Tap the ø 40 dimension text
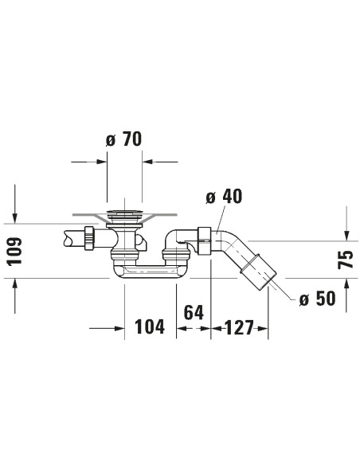tap(223, 197)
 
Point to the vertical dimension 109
tap(16, 252)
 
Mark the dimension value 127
tap(239, 327)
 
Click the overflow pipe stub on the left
tap(72, 237)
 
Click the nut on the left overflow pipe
tap(91, 237)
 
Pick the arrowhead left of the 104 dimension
tap(119, 327)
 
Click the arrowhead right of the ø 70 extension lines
tap(148, 162)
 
